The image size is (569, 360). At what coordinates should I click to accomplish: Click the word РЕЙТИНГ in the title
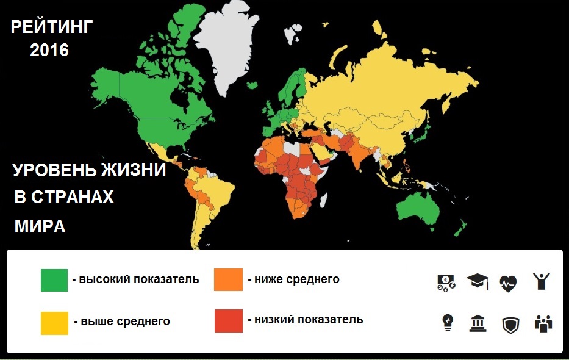[x=51, y=28]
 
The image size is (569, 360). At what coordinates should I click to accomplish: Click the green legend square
[x=54, y=279]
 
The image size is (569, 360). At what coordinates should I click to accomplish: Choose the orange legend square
[x=228, y=279]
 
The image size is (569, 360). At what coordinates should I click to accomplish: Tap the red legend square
[x=228, y=320]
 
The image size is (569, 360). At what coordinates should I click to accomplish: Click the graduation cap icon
[x=478, y=281]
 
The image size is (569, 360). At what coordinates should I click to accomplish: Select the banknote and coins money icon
[x=446, y=282]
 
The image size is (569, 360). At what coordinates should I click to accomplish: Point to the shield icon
[x=510, y=324]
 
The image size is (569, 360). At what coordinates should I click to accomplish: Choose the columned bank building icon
[x=478, y=323]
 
